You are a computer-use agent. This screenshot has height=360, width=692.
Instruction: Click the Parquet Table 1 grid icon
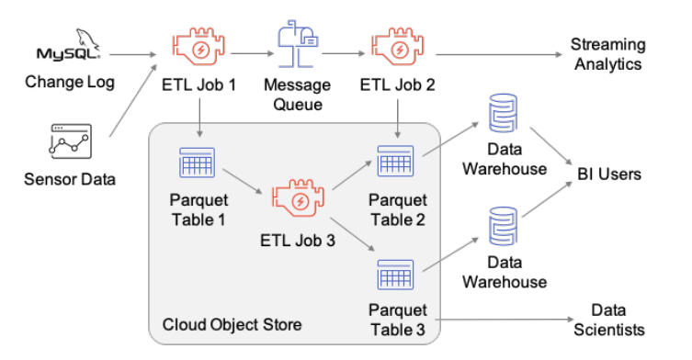tap(197, 163)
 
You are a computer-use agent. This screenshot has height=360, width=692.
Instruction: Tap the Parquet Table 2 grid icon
tap(395, 163)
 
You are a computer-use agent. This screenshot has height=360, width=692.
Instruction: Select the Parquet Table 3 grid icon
tap(395, 275)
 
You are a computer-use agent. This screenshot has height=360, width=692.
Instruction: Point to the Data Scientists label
tap(608, 320)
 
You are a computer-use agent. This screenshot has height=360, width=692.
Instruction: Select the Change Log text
tap(70, 83)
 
